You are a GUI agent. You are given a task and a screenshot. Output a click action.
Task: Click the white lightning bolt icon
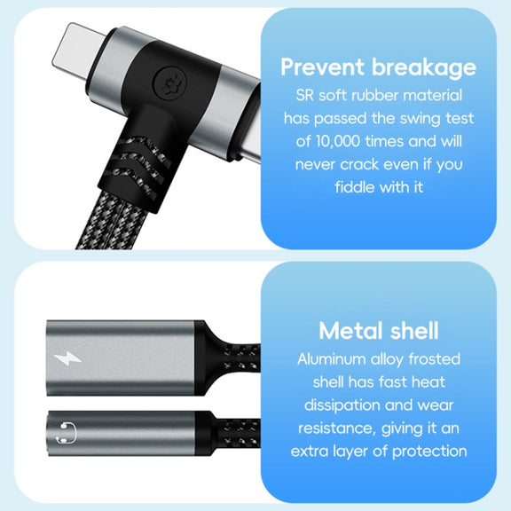click(67, 358)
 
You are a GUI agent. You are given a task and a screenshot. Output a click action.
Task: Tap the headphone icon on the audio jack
click(67, 433)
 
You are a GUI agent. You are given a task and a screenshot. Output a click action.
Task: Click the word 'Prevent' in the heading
click(322, 67)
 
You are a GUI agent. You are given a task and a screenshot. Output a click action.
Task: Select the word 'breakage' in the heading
click(424, 67)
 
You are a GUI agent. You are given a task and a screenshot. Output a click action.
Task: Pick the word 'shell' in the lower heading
click(414, 331)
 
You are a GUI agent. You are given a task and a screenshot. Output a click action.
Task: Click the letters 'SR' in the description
click(305, 96)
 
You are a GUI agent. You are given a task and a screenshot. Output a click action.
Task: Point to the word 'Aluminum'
click(332, 359)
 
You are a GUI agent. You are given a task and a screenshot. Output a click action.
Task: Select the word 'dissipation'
click(342, 405)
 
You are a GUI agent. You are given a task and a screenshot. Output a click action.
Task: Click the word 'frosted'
click(434, 359)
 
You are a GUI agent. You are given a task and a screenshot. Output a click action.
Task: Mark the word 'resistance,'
click(337, 428)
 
